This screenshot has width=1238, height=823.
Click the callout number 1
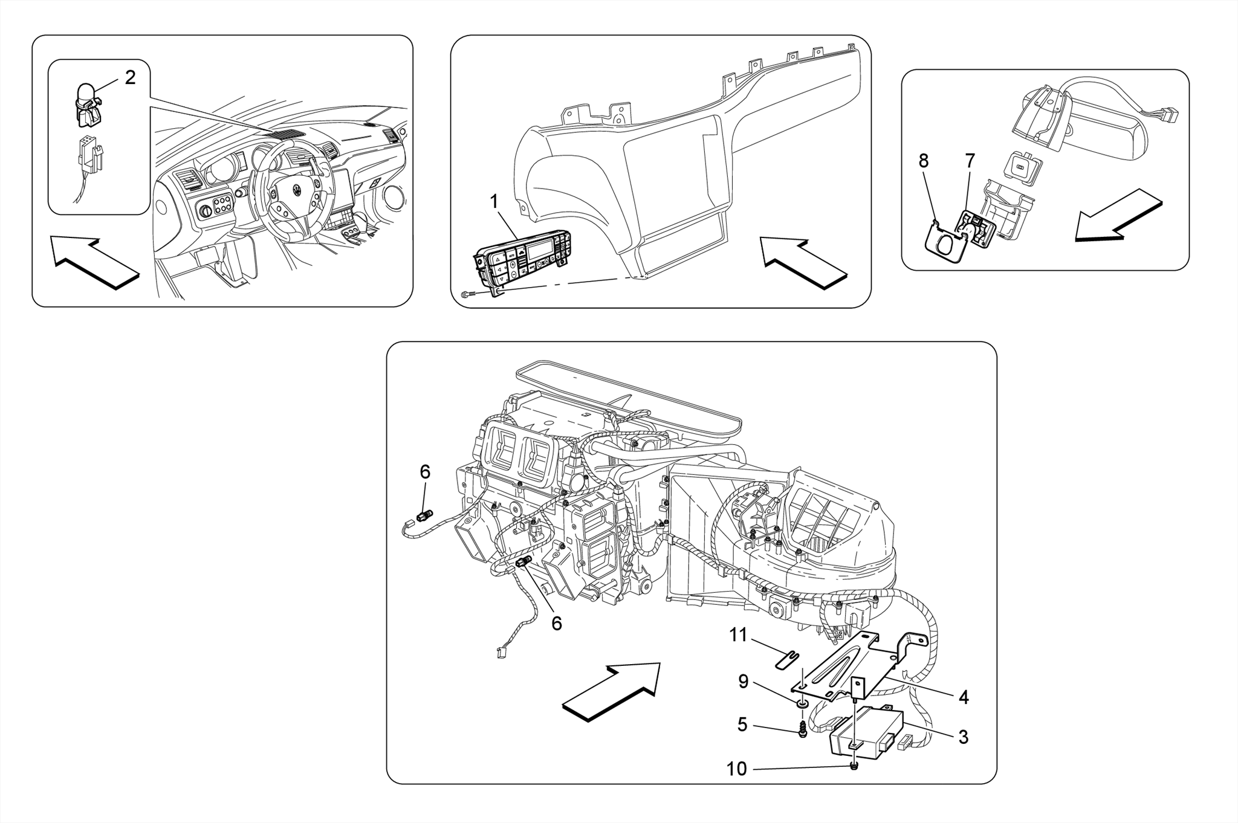(494, 201)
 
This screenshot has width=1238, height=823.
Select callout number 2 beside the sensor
(130, 77)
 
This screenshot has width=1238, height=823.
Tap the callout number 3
(964, 737)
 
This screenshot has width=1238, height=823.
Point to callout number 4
(964, 697)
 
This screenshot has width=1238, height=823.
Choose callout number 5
(742, 725)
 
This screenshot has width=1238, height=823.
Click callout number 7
(970, 161)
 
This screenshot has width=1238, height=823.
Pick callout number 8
(923, 161)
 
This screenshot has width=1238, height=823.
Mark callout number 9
(743, 682)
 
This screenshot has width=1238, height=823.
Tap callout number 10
(736, 769)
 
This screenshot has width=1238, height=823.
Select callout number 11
(738, 635)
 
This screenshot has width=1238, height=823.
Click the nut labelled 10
(852, 767)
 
